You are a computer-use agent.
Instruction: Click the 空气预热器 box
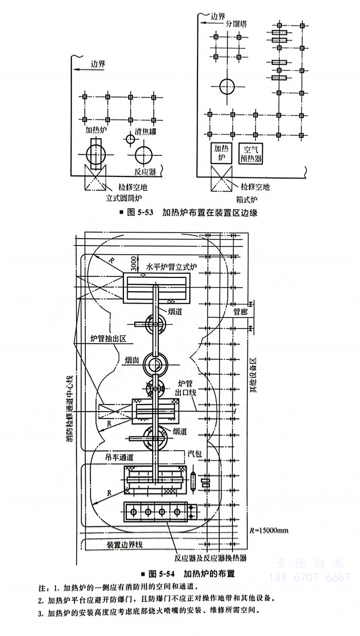[x=251, y=153]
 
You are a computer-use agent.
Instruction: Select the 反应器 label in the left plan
[x=145, y=172]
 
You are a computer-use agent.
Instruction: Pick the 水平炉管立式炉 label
[x=174, y=268]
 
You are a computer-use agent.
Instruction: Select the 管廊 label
[x=240, y=311]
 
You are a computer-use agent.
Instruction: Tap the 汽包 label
[x=194, y=453]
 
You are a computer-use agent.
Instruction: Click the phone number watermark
[x=314, y=577]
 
